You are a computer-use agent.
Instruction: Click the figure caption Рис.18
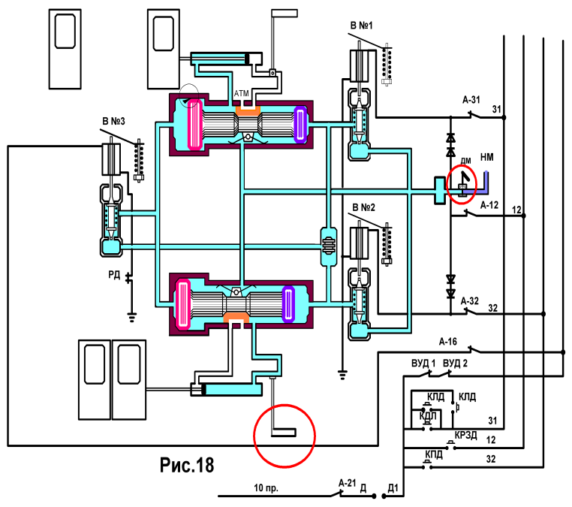(187, 465)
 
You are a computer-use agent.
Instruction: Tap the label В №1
(361, 26)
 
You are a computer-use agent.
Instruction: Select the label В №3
(113, 121)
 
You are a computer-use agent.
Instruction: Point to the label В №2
(363, 207)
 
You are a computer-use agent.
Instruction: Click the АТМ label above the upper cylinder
(241, 93)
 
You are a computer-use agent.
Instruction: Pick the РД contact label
(114, 274)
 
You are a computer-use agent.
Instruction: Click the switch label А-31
(471, 99)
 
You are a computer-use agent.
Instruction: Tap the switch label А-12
(489, 205)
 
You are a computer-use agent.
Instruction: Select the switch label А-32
(469, 300)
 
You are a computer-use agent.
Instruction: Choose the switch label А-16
(447, 342)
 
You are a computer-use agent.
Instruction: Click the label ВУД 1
(423, 364)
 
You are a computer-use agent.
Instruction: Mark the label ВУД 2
(455, 364)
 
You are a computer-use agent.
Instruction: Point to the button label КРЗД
(466, 435)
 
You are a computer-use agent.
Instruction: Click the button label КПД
(434, 454)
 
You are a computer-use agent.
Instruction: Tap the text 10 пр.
(266, 487)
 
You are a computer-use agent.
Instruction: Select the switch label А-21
(347, 483)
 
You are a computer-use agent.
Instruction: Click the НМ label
(486, 157)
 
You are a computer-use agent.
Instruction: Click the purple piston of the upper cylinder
(300, 124)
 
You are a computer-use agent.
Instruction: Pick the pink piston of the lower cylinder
(183, 303)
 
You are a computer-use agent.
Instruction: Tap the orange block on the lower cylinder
(236, 317)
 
